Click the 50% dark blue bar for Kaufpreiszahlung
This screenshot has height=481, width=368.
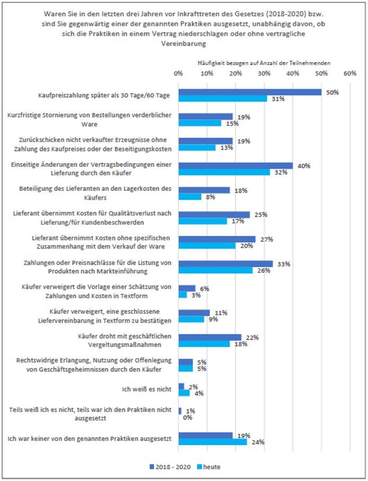[250, 92]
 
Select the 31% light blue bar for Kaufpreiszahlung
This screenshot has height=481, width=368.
[223, 99]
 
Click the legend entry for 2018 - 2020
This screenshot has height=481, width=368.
[170, 467]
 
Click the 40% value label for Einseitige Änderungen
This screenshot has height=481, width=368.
[304, 166]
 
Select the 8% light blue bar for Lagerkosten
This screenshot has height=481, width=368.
[190, 197]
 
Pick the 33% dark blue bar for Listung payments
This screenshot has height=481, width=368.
[225, 264]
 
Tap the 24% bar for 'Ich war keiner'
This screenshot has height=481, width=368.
[213, 442]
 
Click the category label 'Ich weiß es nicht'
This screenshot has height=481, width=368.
[147, 389]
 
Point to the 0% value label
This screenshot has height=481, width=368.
[187, 417]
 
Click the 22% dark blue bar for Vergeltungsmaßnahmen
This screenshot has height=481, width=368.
[210, 337]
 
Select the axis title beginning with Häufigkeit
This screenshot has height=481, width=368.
[264, 63]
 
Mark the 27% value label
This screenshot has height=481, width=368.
[267, 239]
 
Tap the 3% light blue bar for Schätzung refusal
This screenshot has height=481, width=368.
[183, 295]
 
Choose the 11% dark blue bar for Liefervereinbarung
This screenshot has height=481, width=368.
[194, 313]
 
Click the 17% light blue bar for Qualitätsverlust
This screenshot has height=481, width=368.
[203, 221]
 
